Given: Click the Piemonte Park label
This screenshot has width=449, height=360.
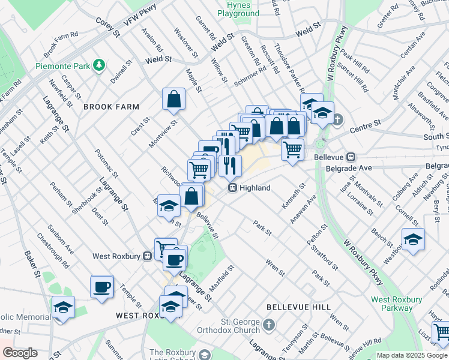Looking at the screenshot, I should tap(62, 65).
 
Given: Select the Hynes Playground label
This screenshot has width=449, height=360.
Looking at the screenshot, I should tap(238, 8).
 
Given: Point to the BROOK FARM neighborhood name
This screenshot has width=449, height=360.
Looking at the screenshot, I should tap(111, 107).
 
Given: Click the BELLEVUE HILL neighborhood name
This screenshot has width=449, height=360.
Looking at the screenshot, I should tap(299, 307).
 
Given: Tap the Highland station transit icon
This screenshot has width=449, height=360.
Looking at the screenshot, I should tap(231, 188).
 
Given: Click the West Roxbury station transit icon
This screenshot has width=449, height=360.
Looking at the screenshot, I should tap(147, 256).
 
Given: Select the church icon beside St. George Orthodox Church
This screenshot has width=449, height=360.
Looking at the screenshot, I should tap(270, 326).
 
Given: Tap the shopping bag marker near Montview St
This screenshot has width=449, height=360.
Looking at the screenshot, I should tap(173, 100).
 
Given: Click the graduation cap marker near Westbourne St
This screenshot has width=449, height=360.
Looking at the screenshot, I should tap(413, 239).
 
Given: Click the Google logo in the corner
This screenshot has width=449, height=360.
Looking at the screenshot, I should tap(20, 352).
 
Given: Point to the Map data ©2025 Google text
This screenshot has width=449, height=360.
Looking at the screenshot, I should tap(411, 355).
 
